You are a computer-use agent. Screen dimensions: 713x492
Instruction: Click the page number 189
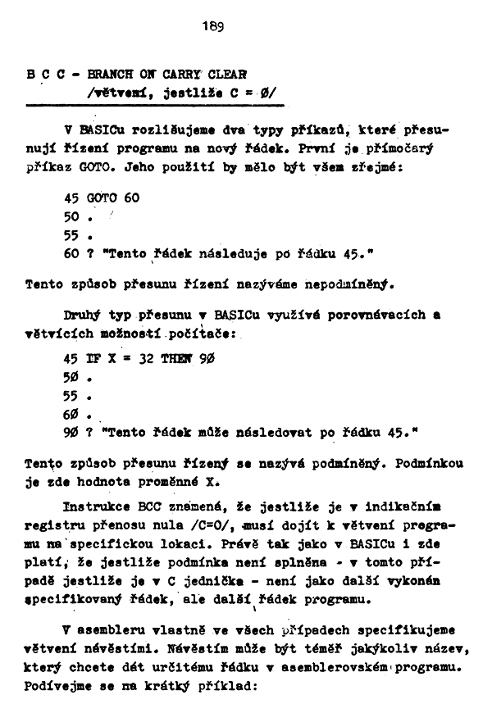(x=212, y=25)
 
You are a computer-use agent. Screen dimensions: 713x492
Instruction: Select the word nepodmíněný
(x=349, y=286)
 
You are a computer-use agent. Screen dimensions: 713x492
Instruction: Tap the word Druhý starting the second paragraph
(x=82, y=315)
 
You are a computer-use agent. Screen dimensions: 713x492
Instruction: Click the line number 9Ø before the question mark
(x=71, y=431)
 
